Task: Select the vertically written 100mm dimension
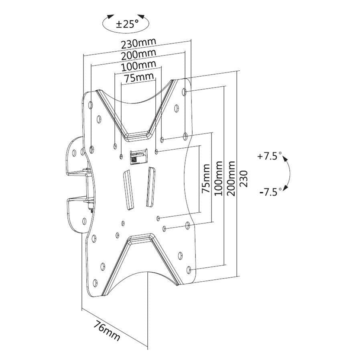219,178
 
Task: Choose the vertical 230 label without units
244,178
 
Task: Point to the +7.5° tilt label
268,156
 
